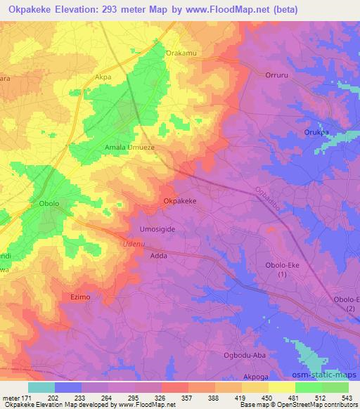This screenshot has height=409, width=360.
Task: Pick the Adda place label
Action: [159, 257]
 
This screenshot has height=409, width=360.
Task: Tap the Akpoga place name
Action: [255, 377]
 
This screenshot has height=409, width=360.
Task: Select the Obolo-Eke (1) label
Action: [283, 268]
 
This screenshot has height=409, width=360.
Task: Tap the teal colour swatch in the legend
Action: [41, 387]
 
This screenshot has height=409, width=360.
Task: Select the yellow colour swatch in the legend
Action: [281, 387]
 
